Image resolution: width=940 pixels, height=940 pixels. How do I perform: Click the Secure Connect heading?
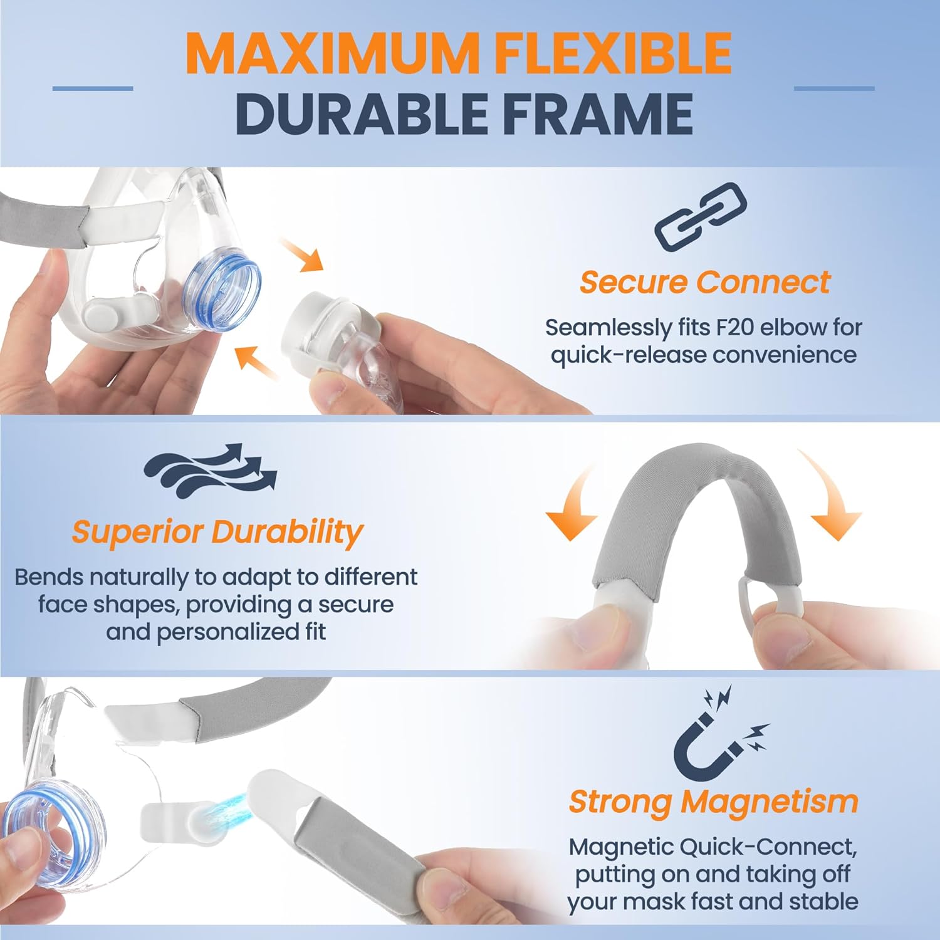click(x=704, y=282)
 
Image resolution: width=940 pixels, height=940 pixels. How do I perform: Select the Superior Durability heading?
click(x=217, y=532)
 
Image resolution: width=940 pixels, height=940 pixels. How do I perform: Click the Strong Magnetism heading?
click(x=713, y=802)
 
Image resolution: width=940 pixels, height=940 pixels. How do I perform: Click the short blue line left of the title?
click(x=93, y=88)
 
